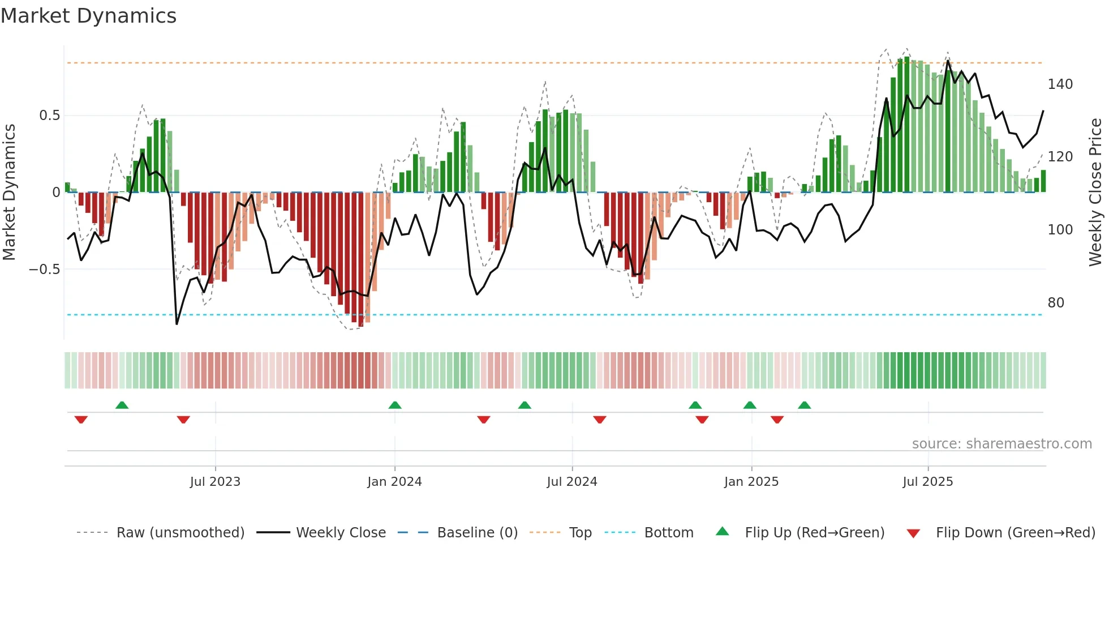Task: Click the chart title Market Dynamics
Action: click(89, 16)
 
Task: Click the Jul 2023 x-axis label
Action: click(215, 482)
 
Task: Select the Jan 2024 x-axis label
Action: click(394, 482)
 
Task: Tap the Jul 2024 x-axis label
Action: click(571, 482)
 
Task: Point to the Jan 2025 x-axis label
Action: click(751, 482)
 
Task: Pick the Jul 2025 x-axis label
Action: click(927, 482)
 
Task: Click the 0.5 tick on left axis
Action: click(49, 116)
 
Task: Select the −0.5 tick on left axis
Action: click(44, 269)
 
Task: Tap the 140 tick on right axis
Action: click(1060, 84)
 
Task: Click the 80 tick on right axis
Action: click(1056, 303)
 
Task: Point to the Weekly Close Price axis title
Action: click(1095, 193)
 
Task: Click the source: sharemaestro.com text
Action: click(1001, 444)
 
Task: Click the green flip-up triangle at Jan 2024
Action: click(395, 405)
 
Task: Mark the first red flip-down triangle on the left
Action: click(81, 420)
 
